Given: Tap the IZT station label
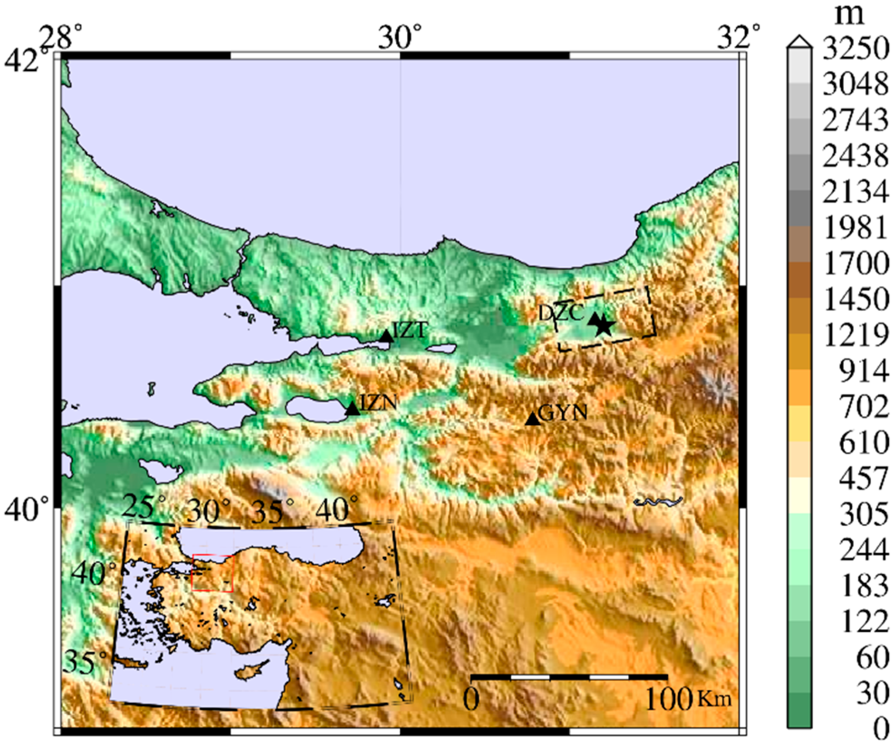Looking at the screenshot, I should [x=409, y=330].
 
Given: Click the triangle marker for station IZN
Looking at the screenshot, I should [x=353, y=409].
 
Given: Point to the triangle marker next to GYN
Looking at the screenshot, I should [x=533, y=419].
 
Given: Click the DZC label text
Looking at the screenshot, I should [x=561, y=313].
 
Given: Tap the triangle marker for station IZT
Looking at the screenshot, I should [x=386, y=336].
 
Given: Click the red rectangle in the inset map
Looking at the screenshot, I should [x=212, y=573].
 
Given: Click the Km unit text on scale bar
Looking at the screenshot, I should [x=715, y=699].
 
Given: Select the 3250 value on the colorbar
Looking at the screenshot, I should [x=855, y=48].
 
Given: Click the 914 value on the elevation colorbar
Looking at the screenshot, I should [x=863, y=372].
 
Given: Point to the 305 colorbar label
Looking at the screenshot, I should [x=863, y=515].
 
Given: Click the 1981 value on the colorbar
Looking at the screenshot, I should [x=855, y=228].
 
